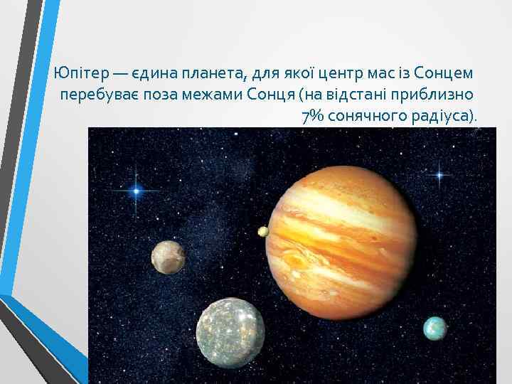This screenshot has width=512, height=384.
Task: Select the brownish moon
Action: (168, 257)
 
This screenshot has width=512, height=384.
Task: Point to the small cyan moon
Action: (434, 329)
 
